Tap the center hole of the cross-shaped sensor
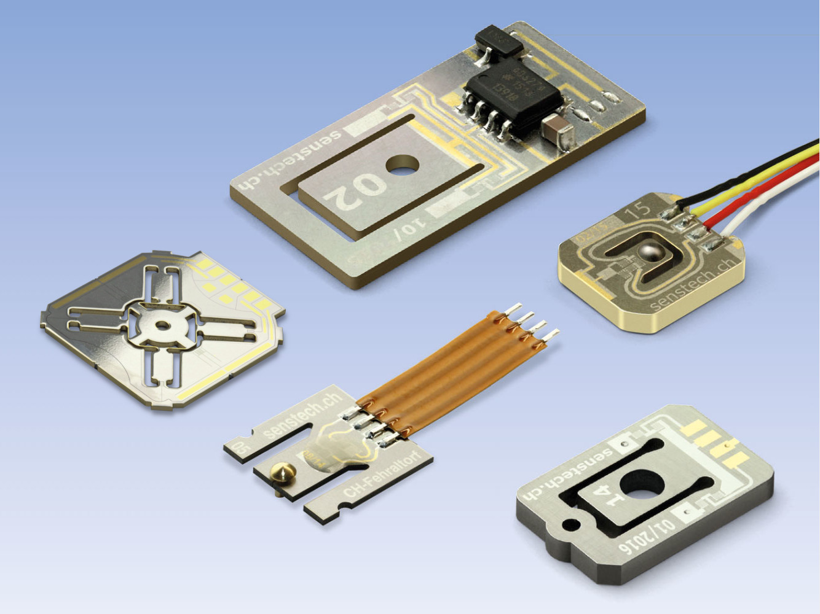163,325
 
